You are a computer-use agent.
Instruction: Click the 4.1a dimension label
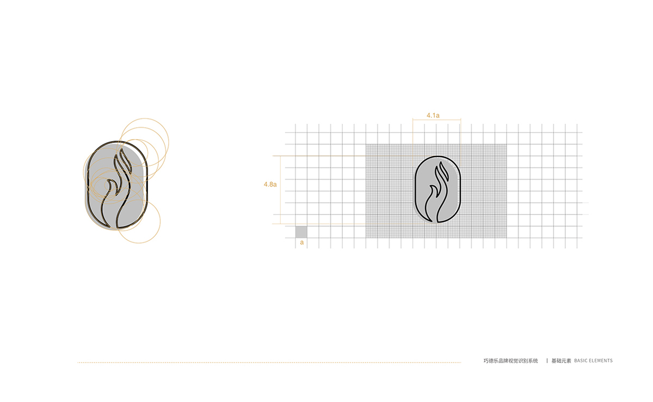[433, 115]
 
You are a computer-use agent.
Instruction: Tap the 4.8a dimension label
[270, 184]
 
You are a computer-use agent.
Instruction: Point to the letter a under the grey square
[301, 242]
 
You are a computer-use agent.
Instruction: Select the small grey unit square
[301, 232]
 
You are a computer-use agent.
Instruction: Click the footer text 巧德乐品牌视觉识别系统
[511, 361]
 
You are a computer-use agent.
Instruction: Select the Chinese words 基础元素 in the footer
[561, 361]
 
